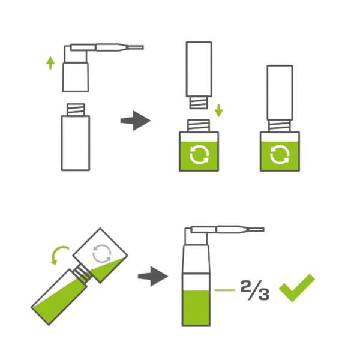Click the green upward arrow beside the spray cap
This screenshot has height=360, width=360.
point(50,63)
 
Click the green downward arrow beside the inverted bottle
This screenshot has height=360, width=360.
point(219,110)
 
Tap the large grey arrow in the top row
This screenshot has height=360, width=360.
point(135,121)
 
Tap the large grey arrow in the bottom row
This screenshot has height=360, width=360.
point(152,276)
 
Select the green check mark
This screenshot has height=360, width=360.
point(296,288)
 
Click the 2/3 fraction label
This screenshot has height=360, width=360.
point(255,290)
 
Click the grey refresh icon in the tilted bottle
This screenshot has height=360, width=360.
point(102,253)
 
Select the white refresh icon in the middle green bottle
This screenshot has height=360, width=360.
point(199,155)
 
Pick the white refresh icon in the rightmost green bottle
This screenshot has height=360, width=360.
point(280,155)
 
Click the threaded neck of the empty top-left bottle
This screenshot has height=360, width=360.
point(76,110)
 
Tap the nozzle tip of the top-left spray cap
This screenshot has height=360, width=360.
point(143,47)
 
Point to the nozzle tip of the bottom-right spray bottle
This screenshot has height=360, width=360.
point(263,230)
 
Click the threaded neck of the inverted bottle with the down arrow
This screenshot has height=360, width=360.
point(199,103)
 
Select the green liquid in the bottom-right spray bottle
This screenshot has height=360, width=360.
point(196,308)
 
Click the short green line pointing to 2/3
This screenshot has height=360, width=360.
point(225,290)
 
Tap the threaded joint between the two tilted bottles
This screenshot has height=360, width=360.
point(82,273)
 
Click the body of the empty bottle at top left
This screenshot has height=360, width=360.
point(76,143)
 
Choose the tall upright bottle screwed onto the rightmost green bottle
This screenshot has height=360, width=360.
point(280,92)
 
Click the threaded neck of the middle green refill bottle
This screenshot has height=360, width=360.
point(199,125)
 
